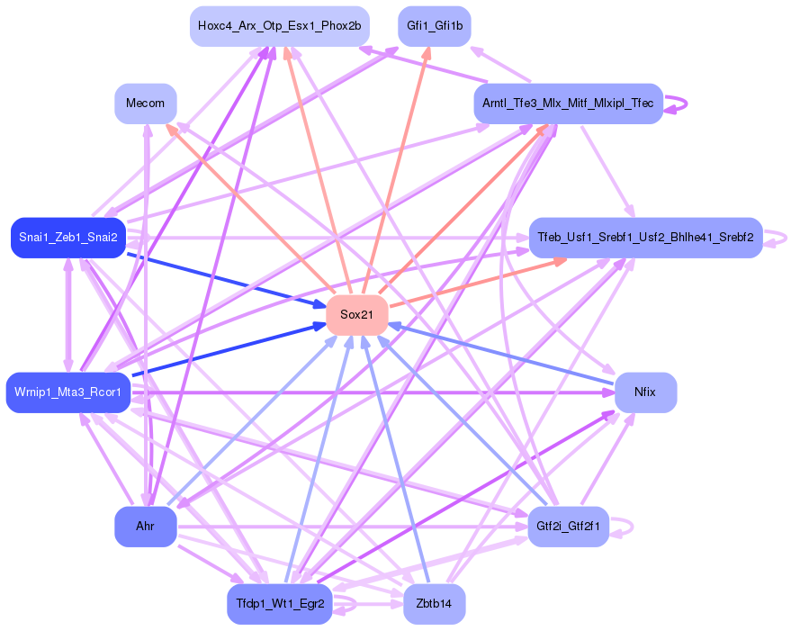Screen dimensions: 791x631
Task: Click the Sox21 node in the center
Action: point(356,314)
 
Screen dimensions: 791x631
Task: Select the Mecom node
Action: point(145,104)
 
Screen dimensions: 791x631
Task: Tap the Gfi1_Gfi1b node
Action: point(435,26)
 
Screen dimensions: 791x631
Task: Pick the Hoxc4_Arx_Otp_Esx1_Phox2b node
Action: point(279,26)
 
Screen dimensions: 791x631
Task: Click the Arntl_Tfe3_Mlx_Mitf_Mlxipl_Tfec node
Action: point(568,104)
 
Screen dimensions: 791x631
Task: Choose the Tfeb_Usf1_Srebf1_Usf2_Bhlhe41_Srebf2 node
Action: point(645,238)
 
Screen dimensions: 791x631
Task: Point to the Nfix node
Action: point(644,392)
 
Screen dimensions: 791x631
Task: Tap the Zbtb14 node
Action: point(435,603)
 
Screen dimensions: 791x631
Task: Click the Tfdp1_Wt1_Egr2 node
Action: point(279,603)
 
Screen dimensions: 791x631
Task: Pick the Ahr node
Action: point(145,526)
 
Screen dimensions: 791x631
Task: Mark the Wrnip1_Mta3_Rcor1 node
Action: point(68,392)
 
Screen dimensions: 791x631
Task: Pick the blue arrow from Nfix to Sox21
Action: point(504,354)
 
